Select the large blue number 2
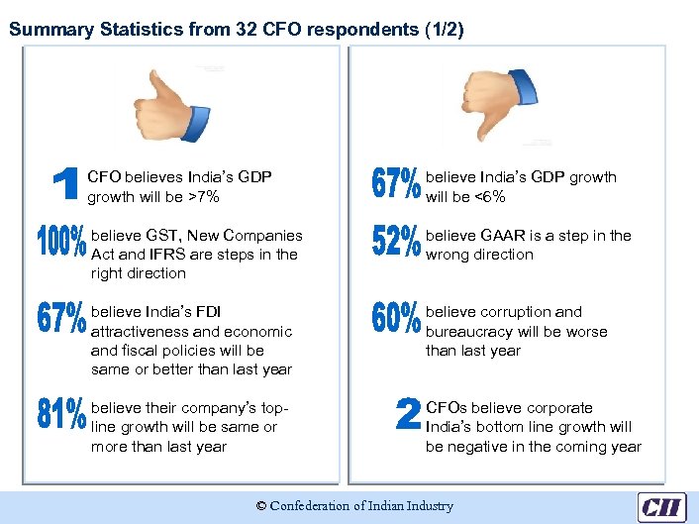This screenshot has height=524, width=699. [x=407, y=414]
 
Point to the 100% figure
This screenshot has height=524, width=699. [x=61, y=244]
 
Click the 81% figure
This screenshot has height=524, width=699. [x=61, y=414]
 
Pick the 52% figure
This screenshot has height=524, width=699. [x=397, y=244]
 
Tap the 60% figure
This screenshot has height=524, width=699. [x=397, y=319]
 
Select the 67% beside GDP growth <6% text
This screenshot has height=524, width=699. [x=397, y=185]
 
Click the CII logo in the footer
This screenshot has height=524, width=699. [x=661, y=506]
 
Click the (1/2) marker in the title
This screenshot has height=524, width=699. [x=442, y=29]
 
